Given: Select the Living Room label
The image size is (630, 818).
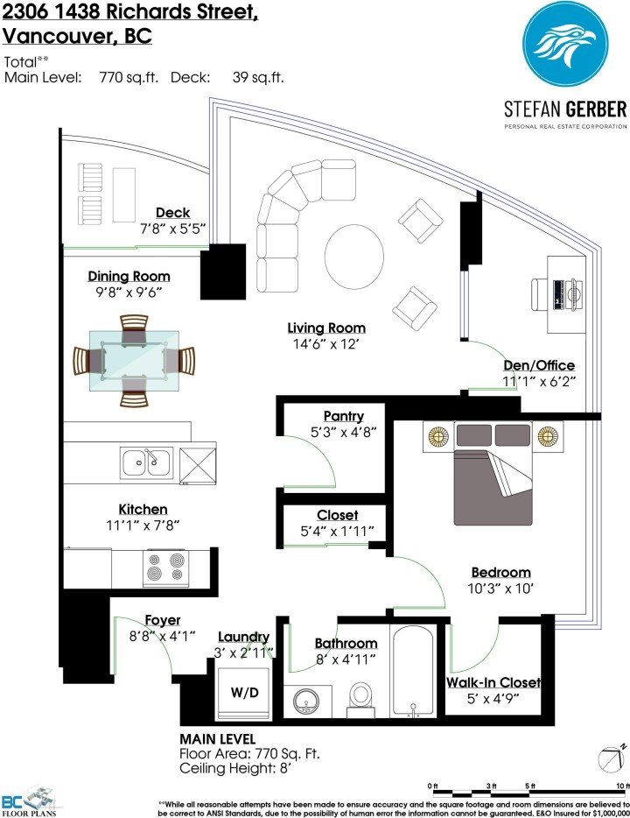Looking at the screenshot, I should point(326,328).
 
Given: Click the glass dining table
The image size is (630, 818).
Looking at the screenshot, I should point(134,360).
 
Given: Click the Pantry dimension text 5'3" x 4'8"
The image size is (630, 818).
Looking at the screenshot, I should point(331,431).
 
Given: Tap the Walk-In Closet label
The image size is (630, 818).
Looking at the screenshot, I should point(493,682).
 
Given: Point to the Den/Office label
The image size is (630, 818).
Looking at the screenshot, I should point(539,365).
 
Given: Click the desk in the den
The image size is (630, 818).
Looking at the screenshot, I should point(566,294).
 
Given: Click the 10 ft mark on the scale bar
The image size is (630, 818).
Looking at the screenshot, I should point(620,785).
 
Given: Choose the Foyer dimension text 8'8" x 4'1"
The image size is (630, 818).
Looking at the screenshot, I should point(163,636).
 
